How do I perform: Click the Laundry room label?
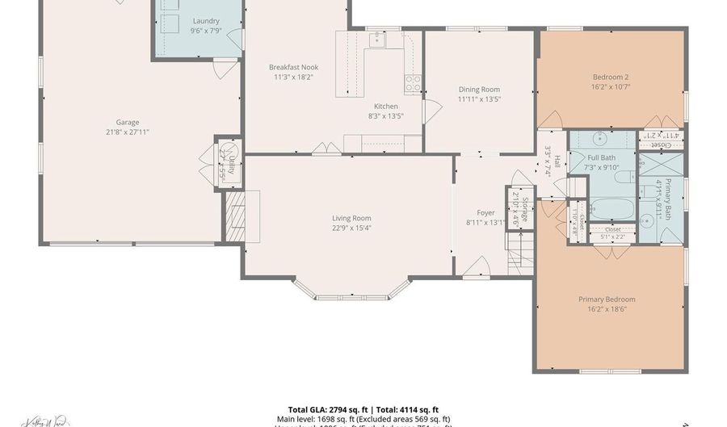coord(205,20)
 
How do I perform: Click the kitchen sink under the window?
coord(376,38)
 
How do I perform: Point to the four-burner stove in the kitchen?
coord(413,82)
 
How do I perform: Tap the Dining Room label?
coord(479,90)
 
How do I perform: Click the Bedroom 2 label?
coord(610,77)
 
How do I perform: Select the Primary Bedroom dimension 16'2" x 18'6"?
coord(607,309)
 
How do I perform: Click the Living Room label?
coord(351,218)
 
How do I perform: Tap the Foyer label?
coord(485,213)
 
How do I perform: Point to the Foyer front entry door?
coord(478,268)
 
